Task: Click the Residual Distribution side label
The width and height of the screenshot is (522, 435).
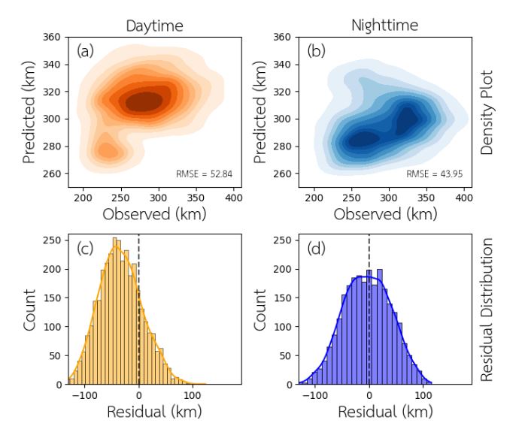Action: tap(486, 310)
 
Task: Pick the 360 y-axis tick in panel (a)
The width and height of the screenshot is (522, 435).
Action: tap(52, 37)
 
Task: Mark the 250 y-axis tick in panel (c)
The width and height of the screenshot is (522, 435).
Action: tap(52, 240)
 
